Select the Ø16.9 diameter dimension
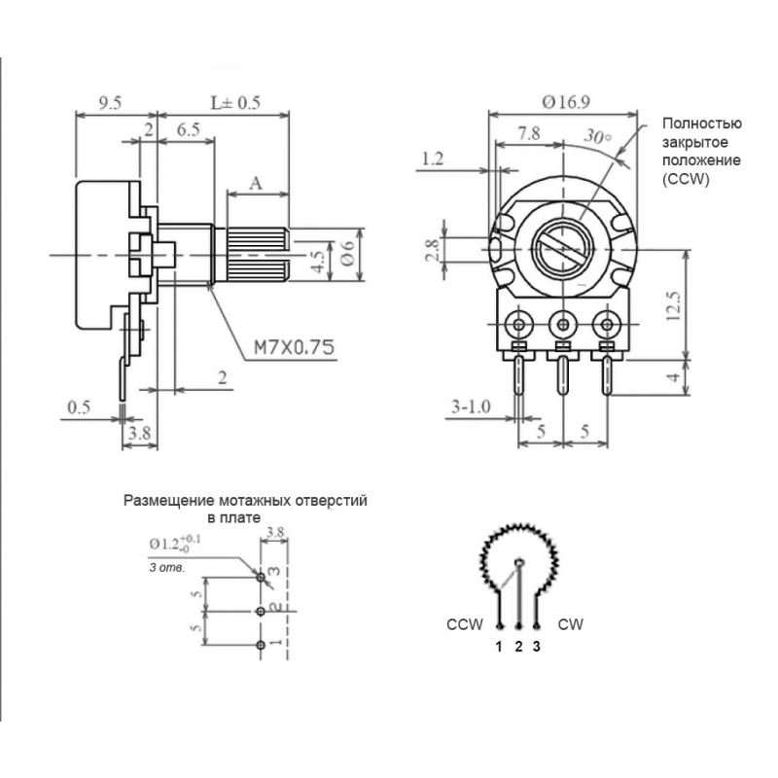pyautogui.click(x=567, y=99)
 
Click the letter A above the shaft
pyautogui.click(x=257, y=181)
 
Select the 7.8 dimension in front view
pyautogui.click(x=530, y=133)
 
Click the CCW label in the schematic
pyautogui.click(x=464, y=624)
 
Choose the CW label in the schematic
pyautogui.click(x=571, y=624)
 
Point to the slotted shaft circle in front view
pyautogui.click(x=562, y=242)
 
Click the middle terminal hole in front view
pyautogui.click(x=562, y=323)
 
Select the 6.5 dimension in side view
pyautogui.click(x=190, y=128)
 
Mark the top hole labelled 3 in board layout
pyautogui.click(x=261, y=578)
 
